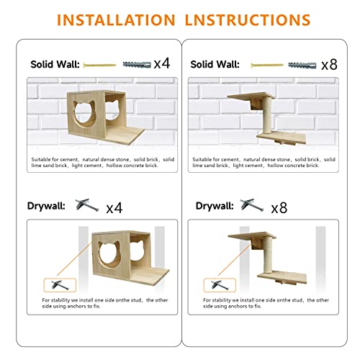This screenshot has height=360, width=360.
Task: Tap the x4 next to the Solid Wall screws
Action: point(161,63)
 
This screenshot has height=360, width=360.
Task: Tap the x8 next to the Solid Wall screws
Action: point(329,64)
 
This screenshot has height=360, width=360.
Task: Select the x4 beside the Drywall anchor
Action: point(114,208)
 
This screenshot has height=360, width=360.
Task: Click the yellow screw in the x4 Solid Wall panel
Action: point(95,64)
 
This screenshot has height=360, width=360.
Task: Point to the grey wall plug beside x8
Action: point(303,64)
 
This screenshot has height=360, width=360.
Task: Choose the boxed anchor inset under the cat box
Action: point(56,285)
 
